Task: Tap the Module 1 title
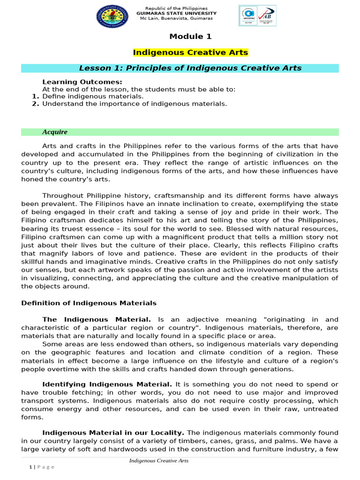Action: click(187, 37)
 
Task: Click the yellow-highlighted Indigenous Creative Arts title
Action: click(190, 52)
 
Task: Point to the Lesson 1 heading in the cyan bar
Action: click(190, 68)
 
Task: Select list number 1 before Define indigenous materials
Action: click(35, 96)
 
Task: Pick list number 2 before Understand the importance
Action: click(35, 104)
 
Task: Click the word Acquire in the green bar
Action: click(55, 132)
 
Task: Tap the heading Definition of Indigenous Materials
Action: click(89, 303)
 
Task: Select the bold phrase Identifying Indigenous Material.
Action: click(107, 384)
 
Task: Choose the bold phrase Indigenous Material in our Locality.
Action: click(113, 432)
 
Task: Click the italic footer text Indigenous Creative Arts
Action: click(159, 461)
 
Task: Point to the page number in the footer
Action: click(30, 467)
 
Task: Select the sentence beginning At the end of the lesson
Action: click(139, 89)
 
